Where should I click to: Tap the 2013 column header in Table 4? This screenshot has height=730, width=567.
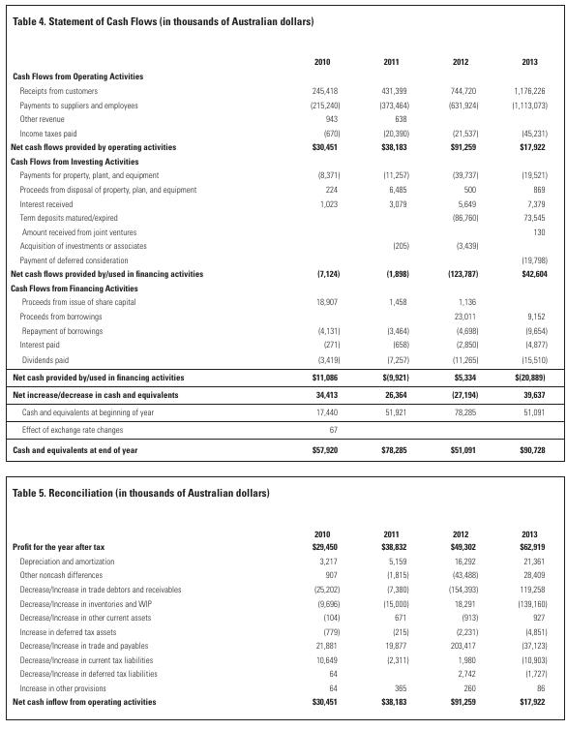pyautogui.click(x=529, y=62)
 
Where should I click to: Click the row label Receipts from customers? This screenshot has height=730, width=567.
pyautogui.click(x=60, y=90)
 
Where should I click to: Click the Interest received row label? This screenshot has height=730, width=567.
pyautogui.click(x=45, y=204)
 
